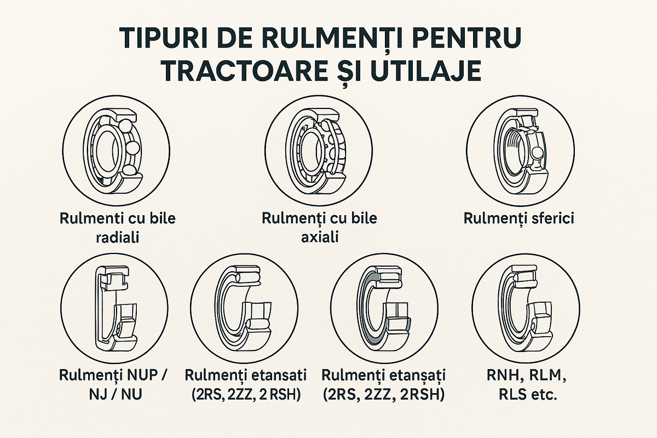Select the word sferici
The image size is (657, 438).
pyautogui.click(x=551, y=219)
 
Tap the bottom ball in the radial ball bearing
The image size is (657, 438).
pyautogui.click(x=129, y=170)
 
